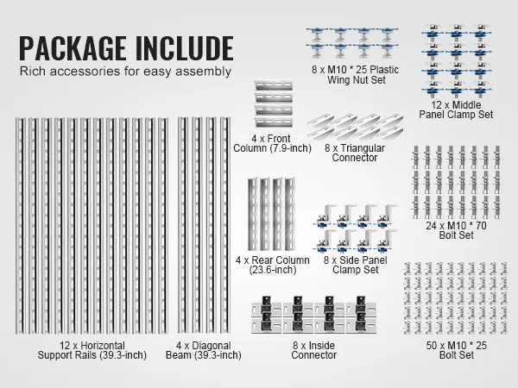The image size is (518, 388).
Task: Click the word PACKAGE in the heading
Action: tap(73, 48)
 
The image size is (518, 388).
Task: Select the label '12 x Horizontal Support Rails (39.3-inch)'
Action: tap(92, 350)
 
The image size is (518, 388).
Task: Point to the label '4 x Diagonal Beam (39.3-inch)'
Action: tap(203, 350)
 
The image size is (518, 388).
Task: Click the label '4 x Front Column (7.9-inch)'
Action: tap(272, 143)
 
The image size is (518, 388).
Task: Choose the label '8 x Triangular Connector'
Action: tap(355, 153)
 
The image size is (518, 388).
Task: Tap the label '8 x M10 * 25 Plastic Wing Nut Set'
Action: tap(355, 74)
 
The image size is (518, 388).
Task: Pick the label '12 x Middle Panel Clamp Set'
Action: tap(456, 110)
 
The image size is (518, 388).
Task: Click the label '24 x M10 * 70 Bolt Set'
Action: tap(456, 230)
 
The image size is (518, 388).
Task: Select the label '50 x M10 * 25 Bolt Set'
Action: tap(456, 350)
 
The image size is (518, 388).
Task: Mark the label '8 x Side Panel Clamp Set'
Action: tap(355, 265)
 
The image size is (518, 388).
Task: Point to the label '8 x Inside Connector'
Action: tap(314, 350)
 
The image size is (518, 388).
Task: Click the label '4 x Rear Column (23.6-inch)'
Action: tap(273, 265)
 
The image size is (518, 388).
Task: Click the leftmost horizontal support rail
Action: tap(20, 225)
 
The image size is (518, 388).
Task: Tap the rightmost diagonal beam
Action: tap(225, 225)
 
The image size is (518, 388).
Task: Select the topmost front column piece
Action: tap(274, 85)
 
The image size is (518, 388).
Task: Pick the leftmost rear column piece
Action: tap(254, 214)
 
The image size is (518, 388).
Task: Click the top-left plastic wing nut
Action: tap(317, 34)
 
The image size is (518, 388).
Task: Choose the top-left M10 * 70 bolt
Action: tap(415, 157)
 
